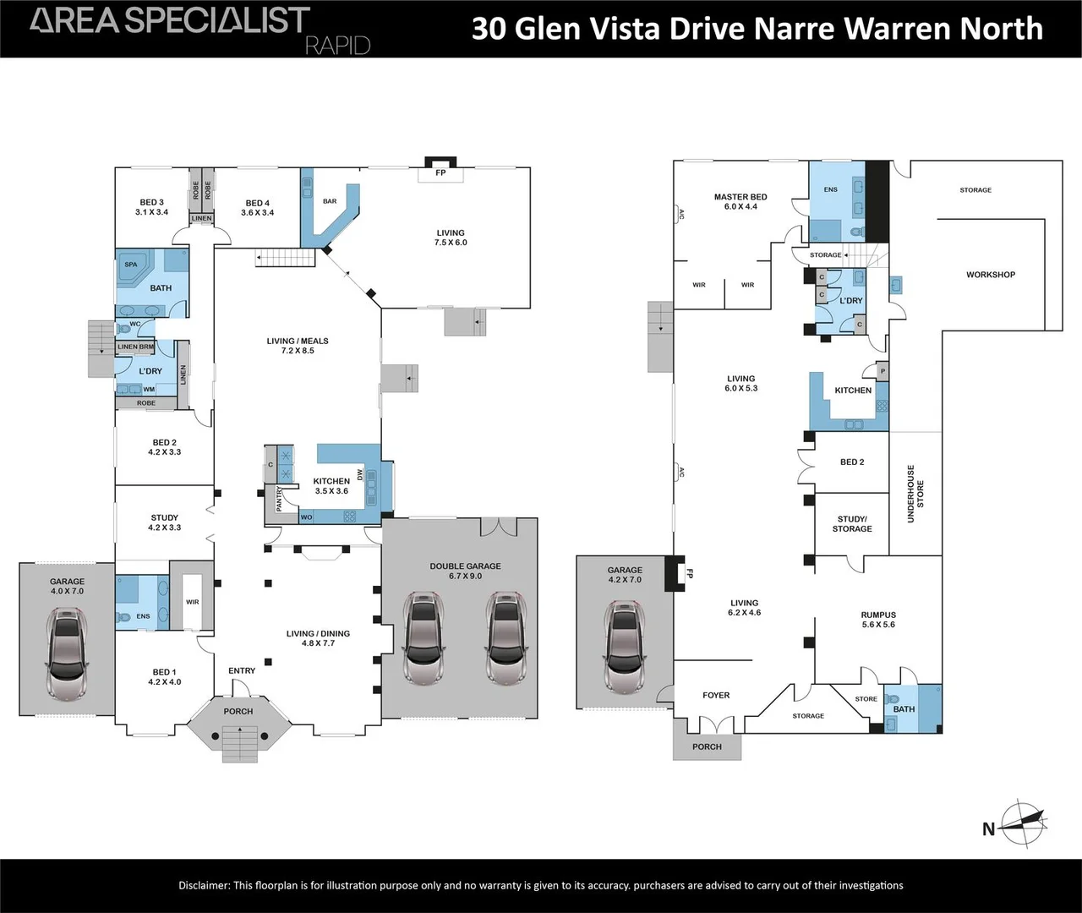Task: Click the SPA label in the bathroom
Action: [x=131, y=265]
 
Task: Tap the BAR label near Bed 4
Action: [x=330, y=201]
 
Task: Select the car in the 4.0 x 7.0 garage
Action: [x=67, y=655]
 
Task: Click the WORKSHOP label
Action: [x=991, y=275]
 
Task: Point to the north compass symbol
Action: [x=1020, y=823]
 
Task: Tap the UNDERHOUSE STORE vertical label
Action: [x=915, y=494]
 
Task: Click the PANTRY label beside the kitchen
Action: [x=280, y=498]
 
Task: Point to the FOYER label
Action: [x=716, y=696]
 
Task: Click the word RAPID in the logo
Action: [x=337, y=45]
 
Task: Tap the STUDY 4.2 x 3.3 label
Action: [x=165, y=522]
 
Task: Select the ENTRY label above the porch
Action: [x=242, y=671]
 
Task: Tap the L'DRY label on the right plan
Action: [x=851, y=301]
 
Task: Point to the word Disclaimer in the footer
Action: [x=204, y=885]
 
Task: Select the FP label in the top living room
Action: [x=440, y=173]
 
